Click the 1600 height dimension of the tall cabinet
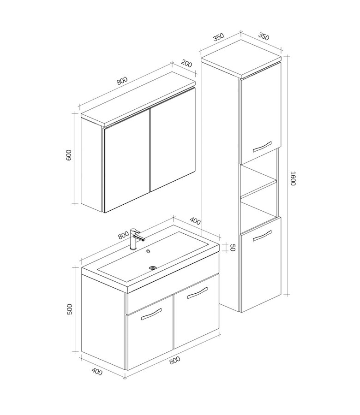(x=293, y=178)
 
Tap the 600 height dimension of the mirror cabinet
(x=68, y=155)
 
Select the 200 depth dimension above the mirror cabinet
(x=186, y=64)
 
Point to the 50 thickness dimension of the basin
(x=232, y=248)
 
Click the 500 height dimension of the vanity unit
(x=69, y=309)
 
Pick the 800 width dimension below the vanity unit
(x=175, y=360)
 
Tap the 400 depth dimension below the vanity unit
(x=97, y=372)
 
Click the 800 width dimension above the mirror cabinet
(x=122, y=80)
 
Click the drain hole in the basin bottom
(x=153, y=268)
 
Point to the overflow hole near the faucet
(x=148, y=251)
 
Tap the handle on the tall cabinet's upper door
(x=262, y=147)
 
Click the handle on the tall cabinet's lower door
(x=262, y=236)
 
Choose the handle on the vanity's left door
(x=151, y=314)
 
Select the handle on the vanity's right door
(x=198, y=293)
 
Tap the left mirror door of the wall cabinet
(x=127, y=160)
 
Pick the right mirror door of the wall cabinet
(x=173, y=139)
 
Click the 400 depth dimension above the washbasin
(x=195, y=221)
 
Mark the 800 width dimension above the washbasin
(x=124, y=235)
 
